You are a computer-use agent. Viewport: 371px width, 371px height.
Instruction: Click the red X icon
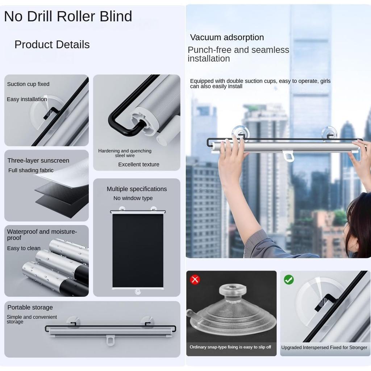[x=195, y=279]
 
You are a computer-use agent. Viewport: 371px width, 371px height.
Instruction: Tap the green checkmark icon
[x=289, y=279]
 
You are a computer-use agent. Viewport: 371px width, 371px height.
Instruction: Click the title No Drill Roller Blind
[x=68, y=16]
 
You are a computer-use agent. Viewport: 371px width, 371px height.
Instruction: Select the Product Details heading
[x=52, y=45]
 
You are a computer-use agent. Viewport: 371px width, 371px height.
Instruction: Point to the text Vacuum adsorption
[x=227, y=37]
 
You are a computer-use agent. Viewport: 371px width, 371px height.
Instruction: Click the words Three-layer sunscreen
[x=38, y=161]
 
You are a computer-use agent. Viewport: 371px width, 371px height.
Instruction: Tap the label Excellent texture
[x=138, y=164]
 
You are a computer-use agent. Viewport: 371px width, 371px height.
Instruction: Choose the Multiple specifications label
[x=137, y=189]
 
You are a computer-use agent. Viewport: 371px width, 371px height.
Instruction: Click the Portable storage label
[x=30, y=307]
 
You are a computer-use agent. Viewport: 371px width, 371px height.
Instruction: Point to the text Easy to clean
[x=24, y=248]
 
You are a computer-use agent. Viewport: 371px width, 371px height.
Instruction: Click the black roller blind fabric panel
[x=138, y=250]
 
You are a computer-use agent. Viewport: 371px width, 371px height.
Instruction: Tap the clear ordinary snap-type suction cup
[x=232, y=312]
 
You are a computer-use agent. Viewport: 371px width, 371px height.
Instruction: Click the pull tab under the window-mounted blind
[x=289, y=156]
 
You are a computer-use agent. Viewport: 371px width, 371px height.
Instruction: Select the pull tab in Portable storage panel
[x=111, y=340]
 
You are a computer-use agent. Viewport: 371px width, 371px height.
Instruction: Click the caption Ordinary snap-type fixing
[x=230, y=347]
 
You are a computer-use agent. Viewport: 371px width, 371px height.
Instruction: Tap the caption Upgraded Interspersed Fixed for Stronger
[x=324, y=347]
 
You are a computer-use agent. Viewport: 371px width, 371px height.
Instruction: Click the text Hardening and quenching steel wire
[x=125, y=153]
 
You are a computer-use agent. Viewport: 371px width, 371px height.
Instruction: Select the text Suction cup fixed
[x=28, y=84]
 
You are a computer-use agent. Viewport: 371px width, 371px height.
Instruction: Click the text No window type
[x=133, y=198]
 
